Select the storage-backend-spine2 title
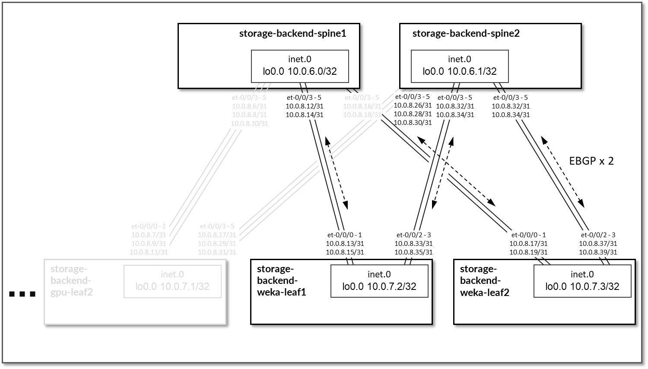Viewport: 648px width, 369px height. [466, 33]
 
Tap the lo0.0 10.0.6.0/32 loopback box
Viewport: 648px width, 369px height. [300, 66]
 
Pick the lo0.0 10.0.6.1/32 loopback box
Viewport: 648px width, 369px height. [459, 66]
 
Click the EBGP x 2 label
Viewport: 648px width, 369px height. [591, 161]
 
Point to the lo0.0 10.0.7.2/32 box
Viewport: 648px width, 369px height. [379, 281]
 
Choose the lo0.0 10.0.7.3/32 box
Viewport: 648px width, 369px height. [582, 281]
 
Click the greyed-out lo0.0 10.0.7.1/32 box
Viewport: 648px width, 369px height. [172, 281]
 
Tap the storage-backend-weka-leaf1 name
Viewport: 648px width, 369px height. [281, 280]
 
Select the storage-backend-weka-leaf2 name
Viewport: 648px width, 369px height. [484, 280]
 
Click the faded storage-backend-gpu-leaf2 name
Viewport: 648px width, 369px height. [72, 280]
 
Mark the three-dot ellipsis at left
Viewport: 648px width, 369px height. [22, 294]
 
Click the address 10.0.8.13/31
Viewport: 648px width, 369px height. [345, 244]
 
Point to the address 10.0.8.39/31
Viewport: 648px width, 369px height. [598, 252]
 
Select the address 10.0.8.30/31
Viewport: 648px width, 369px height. [413, 122]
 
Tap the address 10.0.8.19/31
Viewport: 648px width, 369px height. [528, 252]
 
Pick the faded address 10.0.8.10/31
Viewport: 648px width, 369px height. [249, 123]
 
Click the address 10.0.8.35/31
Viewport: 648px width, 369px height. [413, 252]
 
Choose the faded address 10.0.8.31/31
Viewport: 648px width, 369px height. [217, 252]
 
